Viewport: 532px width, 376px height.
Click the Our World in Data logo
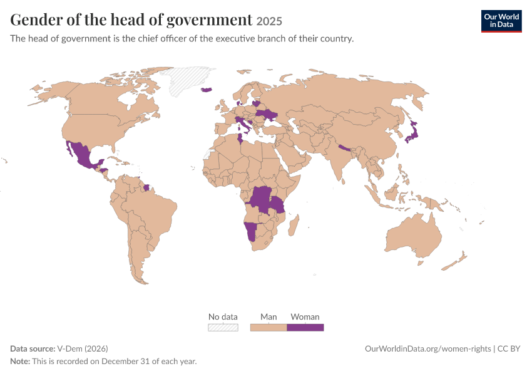coord(501,21)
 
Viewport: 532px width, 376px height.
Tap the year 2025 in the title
coord(269,21)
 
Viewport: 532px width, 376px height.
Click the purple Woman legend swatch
coord(305,327)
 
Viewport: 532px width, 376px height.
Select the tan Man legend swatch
coord(269,327)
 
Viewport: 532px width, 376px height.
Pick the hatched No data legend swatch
coord(223,327)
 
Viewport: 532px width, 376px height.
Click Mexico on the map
coord(81,155)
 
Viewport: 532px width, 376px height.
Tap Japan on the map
coord(412,132)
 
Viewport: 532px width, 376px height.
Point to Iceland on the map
coord(207,90)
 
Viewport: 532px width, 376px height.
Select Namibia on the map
coord(250,231)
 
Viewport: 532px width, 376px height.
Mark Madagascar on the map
coord(294,226)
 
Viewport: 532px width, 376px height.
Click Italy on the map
coord(243,124)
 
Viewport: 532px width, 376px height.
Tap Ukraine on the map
coord(267,115)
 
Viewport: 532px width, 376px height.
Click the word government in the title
coord(209,19)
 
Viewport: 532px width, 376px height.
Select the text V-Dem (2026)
coord(83,348)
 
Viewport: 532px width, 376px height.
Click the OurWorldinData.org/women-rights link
coord(428,348)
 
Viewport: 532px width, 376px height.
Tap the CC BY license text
coord(509,348)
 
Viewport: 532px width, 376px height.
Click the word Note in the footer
coord(20,361)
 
